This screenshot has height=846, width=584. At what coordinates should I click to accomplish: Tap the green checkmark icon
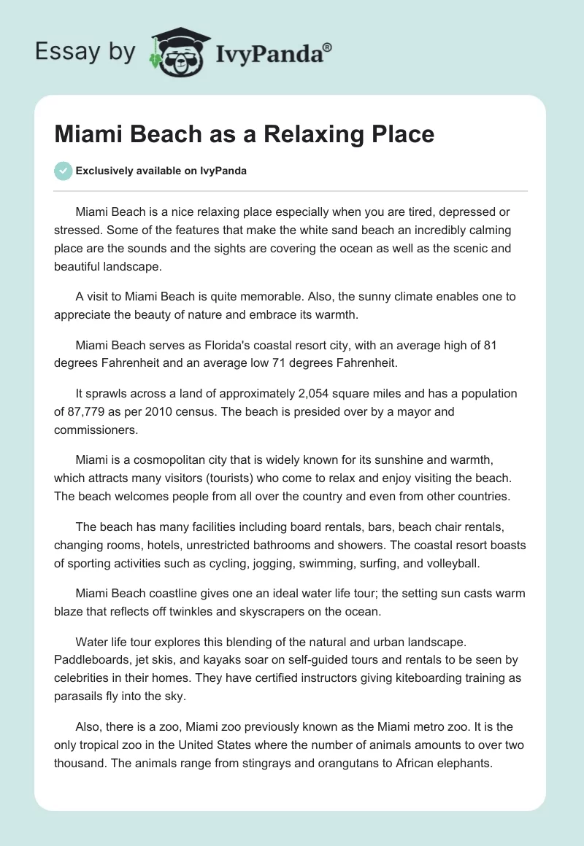coord(63,171)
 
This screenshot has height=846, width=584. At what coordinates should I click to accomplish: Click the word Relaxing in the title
coord(300,134)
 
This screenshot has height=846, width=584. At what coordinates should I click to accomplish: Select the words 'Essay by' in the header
coord(84,52)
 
